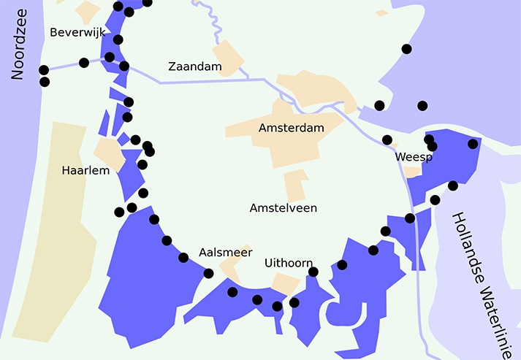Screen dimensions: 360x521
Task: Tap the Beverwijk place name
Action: (x=77, y=33)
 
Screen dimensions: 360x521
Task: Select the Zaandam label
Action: (x=194, y=66)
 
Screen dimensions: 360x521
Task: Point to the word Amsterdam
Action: (x=291, y=128)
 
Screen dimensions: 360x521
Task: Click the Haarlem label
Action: (x=85, y=170)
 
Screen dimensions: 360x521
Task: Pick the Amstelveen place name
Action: (x=283, y=208)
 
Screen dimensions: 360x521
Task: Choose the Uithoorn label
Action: (x=289, y=263)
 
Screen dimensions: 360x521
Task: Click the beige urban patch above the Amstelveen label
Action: (x=296, y=185)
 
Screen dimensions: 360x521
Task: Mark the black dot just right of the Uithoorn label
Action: (x=313, y=272)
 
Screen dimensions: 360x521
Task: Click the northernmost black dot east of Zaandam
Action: (x=406, y=49)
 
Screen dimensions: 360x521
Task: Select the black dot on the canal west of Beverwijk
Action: (x=84, y=63)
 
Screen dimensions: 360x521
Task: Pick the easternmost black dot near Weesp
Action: (x=472, y=144)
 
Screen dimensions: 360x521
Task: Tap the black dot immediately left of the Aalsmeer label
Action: (x=183, y=258)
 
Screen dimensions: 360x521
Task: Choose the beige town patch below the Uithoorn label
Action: (x=284, y=285)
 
